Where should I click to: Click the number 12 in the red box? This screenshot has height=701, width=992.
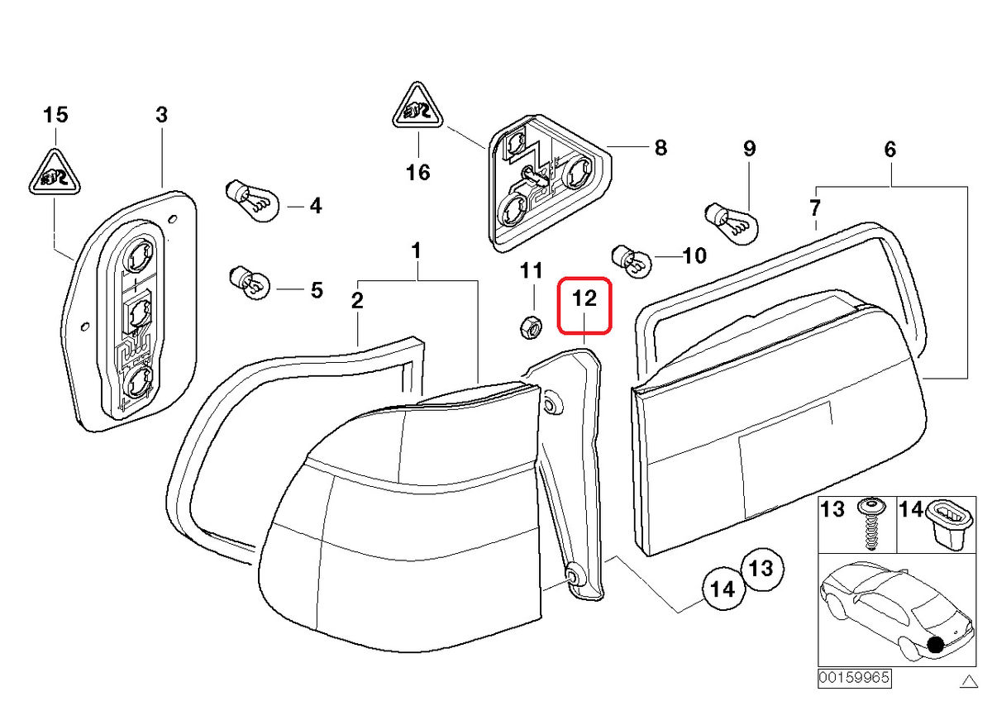pyautogui.click(x=584, y=299)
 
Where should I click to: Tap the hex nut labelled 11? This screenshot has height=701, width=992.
pyautogui.click(x=529, y=327)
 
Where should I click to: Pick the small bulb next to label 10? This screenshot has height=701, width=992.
pyautogui.click(x=630, y=258)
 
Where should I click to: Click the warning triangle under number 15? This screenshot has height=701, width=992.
pyautogui.click(x=55, y=173)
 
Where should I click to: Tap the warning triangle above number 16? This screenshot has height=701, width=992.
pyautogui.click(x=419, y=107)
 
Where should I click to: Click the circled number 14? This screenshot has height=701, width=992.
pyautogui.click(x=723, y=589)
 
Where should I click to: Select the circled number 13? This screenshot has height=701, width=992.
pyautogui.click(x=761, y=568)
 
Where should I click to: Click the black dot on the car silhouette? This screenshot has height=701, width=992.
pyautogui.click(x=936, y=646)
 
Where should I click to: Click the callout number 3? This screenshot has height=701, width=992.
pyautogui.click(x=161, y=115)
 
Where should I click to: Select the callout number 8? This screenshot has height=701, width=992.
pyautogui.click(x=660, y=148)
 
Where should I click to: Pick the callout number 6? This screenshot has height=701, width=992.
pyautogui.click(x=889, y=150)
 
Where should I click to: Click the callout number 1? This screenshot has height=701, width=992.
pyautogui.click(x=417, y=250)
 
